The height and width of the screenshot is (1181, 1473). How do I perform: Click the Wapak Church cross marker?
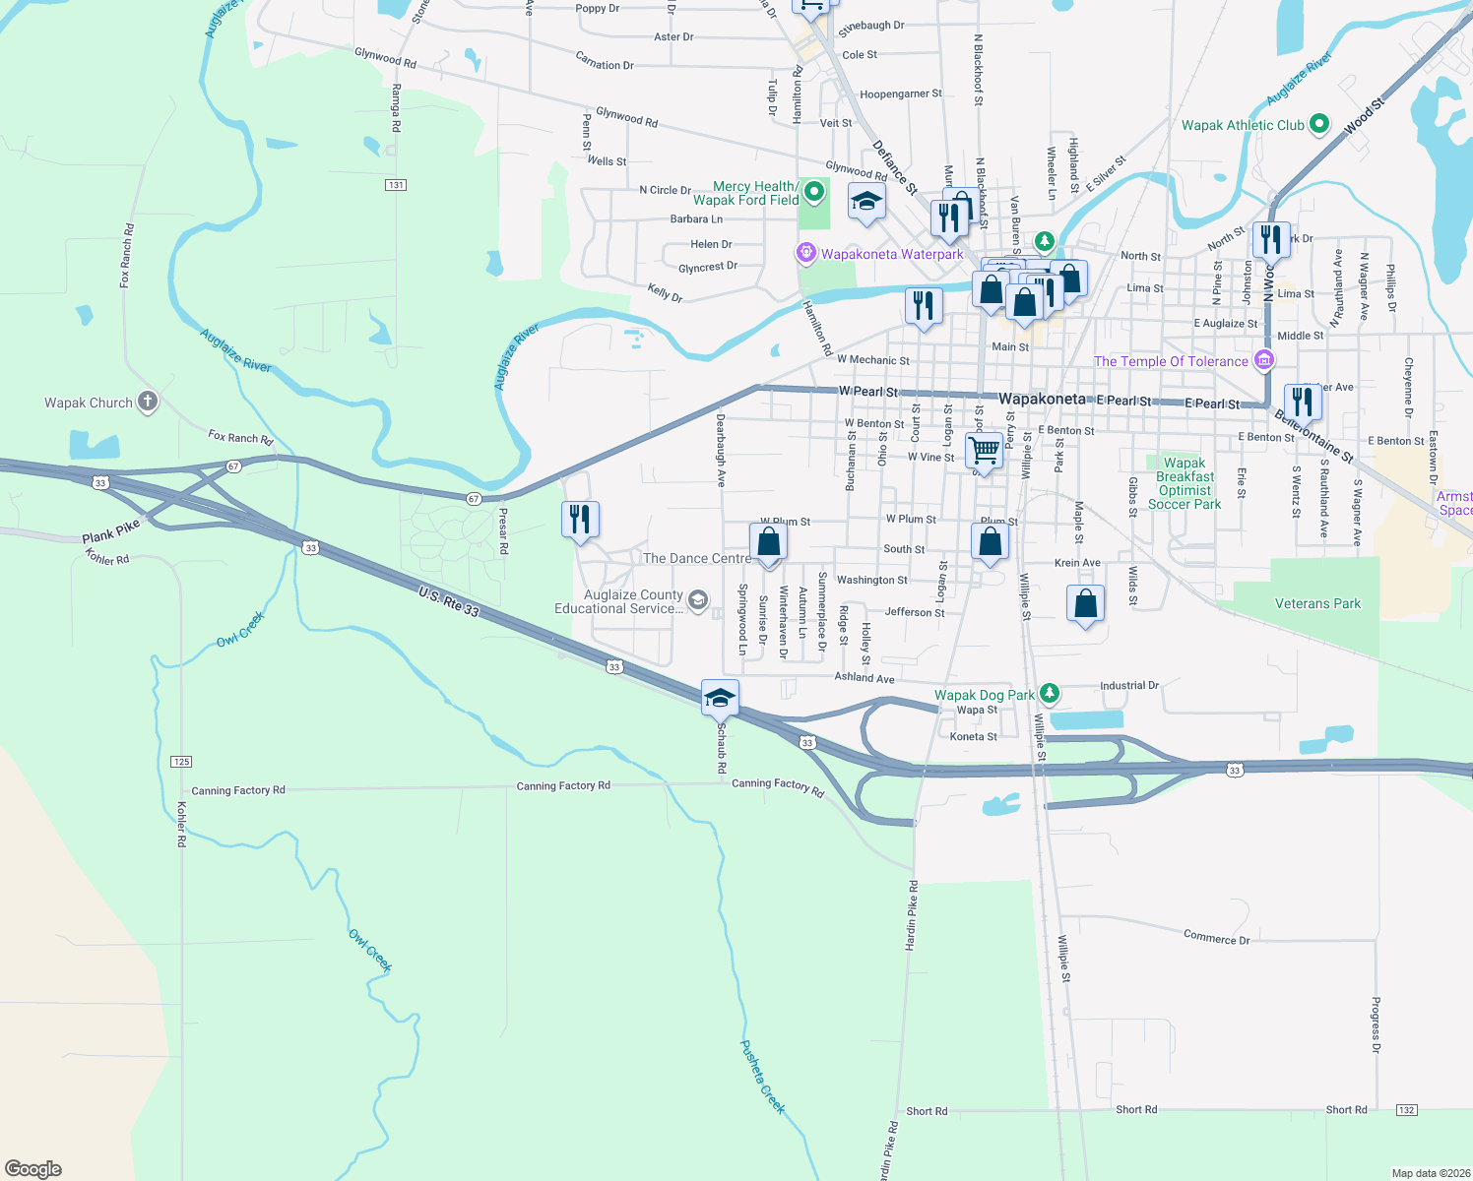pos(147,402)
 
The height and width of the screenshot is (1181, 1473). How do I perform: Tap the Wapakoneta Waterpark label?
pos(892,254)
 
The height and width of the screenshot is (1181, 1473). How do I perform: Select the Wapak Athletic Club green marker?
pos(1320,125)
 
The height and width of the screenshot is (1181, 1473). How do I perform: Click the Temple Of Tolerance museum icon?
pos(1263,361)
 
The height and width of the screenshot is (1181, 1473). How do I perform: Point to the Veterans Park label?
pos(1317,603)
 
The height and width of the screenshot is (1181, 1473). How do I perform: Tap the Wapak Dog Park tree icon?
pos(1050,694)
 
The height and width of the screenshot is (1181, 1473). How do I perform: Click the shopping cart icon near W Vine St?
pos(985,451)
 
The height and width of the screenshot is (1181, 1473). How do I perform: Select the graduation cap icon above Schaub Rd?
pos(720,698)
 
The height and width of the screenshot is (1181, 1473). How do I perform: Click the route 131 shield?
pos(396,185)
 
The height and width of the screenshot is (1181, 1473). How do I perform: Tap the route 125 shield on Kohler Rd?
pos(181,762)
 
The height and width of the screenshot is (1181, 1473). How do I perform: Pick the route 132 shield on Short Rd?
pos(1406,1110)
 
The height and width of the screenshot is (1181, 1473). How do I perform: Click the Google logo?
pos(33,1169)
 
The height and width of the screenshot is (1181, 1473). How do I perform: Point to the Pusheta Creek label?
pos(763,1077)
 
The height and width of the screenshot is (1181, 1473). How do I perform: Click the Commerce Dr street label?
pos(1216,938)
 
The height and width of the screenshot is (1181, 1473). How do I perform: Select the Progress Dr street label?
pos(1376,1025)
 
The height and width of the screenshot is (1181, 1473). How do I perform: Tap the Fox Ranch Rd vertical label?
pos(126,255)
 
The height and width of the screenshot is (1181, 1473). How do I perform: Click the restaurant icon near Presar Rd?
pos(580,518)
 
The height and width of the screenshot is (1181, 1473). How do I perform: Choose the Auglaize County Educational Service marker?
pos(698,600)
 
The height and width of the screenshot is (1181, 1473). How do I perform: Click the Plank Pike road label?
pos(111,532)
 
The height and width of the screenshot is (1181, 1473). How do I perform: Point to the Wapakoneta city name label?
pos(1042,399)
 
